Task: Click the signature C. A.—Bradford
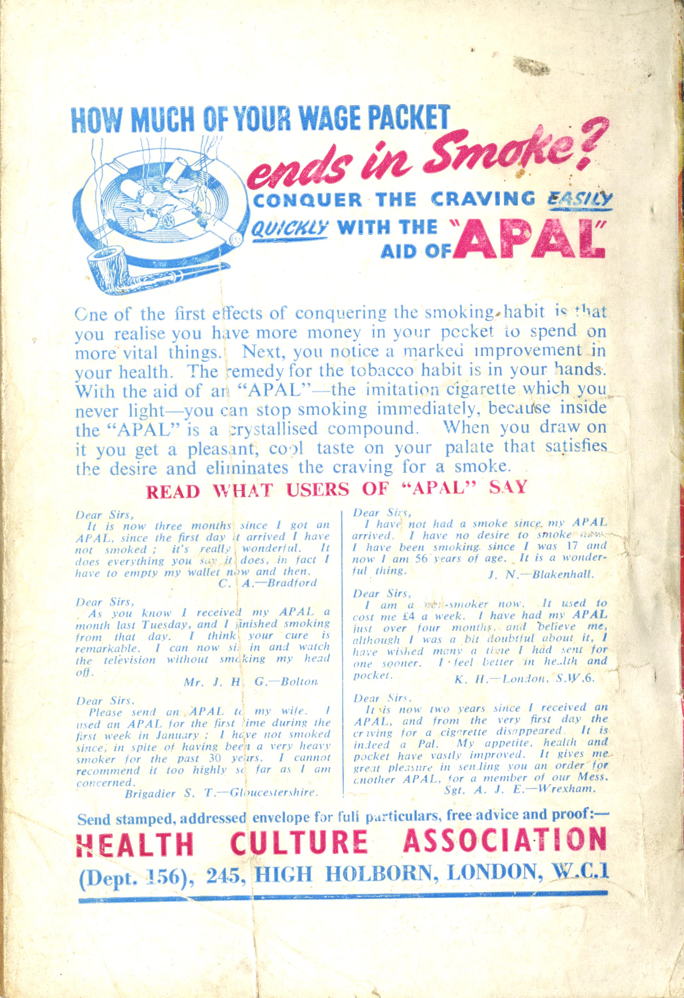coord(274,583)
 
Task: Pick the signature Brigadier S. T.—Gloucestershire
coord(221,794)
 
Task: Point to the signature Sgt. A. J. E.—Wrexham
coord(519,789)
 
